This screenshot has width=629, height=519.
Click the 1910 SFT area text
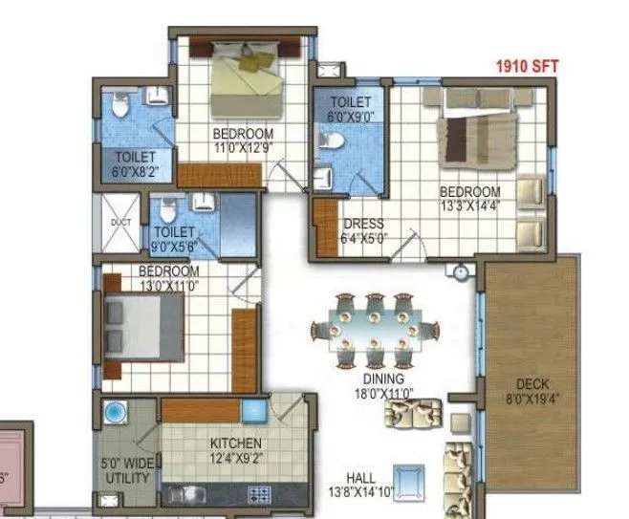click(527, 67)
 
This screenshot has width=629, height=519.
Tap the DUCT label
click(119, 222)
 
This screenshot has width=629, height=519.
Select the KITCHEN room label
click(236, 443)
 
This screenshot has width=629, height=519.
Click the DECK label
click(531, 385)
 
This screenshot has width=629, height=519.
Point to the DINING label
click(369, 378)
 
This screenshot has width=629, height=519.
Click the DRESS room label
click(364, 225)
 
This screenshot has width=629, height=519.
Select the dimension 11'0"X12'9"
click(243, 148)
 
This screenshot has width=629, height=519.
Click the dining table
click(370, 329)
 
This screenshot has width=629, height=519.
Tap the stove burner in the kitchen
click(258, 494)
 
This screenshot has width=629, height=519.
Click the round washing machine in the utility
click(116, 413)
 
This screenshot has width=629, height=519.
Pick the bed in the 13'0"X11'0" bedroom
click(143, 327)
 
